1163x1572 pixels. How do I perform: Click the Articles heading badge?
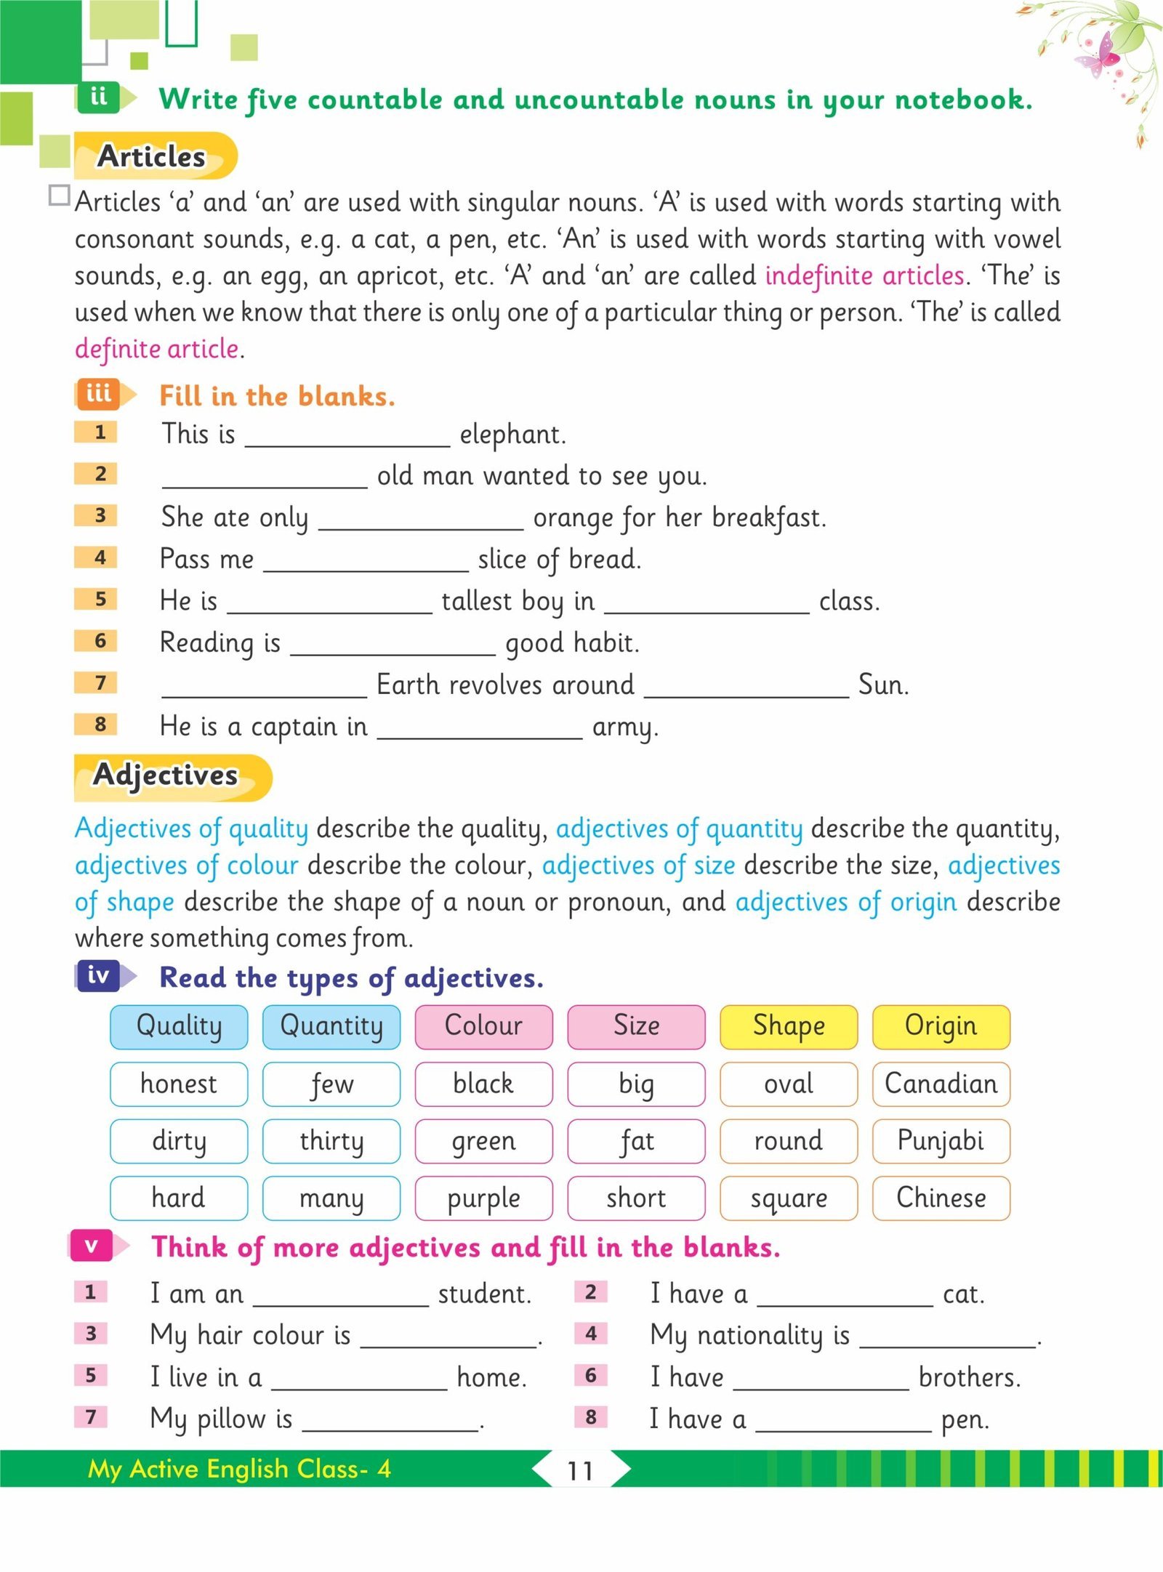click(x=154, y=156)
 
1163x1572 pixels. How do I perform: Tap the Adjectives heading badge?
click(x=172, y=776)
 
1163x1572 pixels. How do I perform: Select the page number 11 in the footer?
click(x=580, y=1470)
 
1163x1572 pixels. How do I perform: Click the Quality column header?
click(x=179, y=1026)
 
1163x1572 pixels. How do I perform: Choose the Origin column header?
click(x=941, y=1026)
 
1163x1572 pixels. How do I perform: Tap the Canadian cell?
click(x=941, y=1084)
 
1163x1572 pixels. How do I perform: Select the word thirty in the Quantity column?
click(x=331, y=1141)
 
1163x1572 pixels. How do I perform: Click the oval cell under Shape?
click(x=789, y=1084)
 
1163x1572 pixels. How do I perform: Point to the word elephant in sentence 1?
click(x=512, y=435)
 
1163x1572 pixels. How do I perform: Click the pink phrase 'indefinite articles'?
click(x=864, y=275)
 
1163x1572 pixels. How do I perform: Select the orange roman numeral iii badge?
click(x=100, y=394)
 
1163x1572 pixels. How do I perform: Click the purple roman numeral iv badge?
click(x=99, y=975)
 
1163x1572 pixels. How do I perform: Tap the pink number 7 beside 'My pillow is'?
click(x=91, y=1416)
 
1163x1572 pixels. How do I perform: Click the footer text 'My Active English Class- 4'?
click(x=239, y=1468)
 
